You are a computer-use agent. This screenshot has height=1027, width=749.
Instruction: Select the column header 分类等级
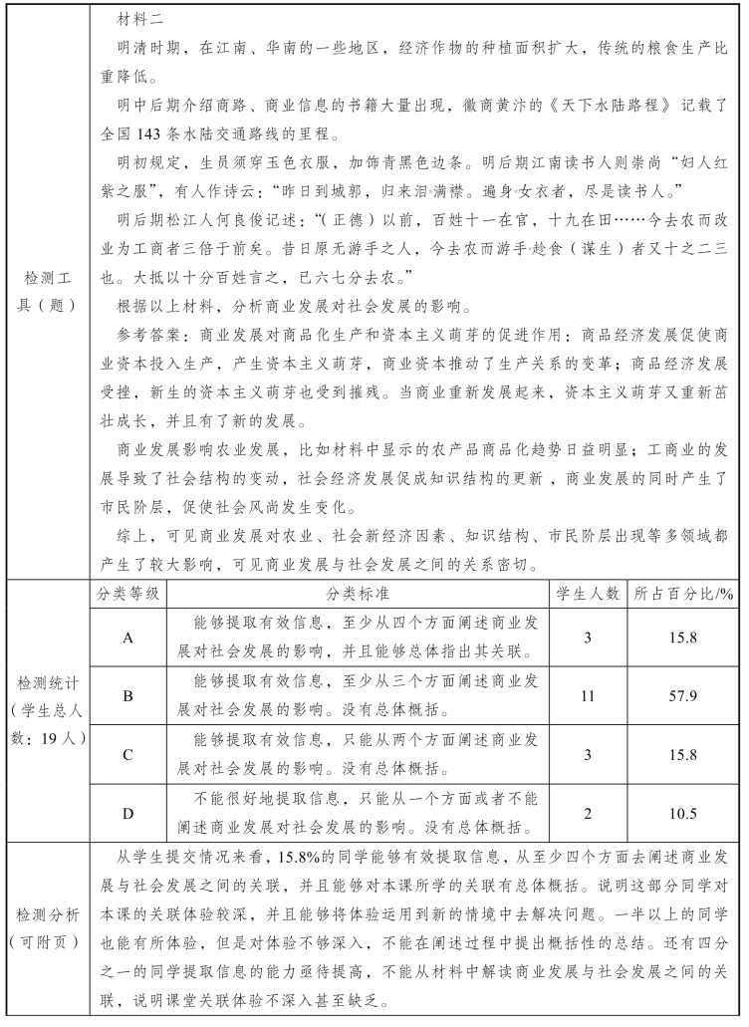tap(127, 595)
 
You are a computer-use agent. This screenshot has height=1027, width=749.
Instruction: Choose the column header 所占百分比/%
tap(683, 595)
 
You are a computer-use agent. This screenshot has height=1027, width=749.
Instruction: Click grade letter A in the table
tap(127, 638)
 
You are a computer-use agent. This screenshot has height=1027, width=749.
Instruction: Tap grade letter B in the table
tap(127, 695)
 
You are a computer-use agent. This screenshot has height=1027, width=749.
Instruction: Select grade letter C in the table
tap(127, 755)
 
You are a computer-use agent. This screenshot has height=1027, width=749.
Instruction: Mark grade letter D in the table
tap(127, 814)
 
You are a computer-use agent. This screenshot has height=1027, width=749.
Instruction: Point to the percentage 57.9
tap(683, 695)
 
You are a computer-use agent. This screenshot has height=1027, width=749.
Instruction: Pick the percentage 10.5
tap(683, 814)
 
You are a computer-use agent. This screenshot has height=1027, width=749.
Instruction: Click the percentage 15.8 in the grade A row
tap(683, 638)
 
